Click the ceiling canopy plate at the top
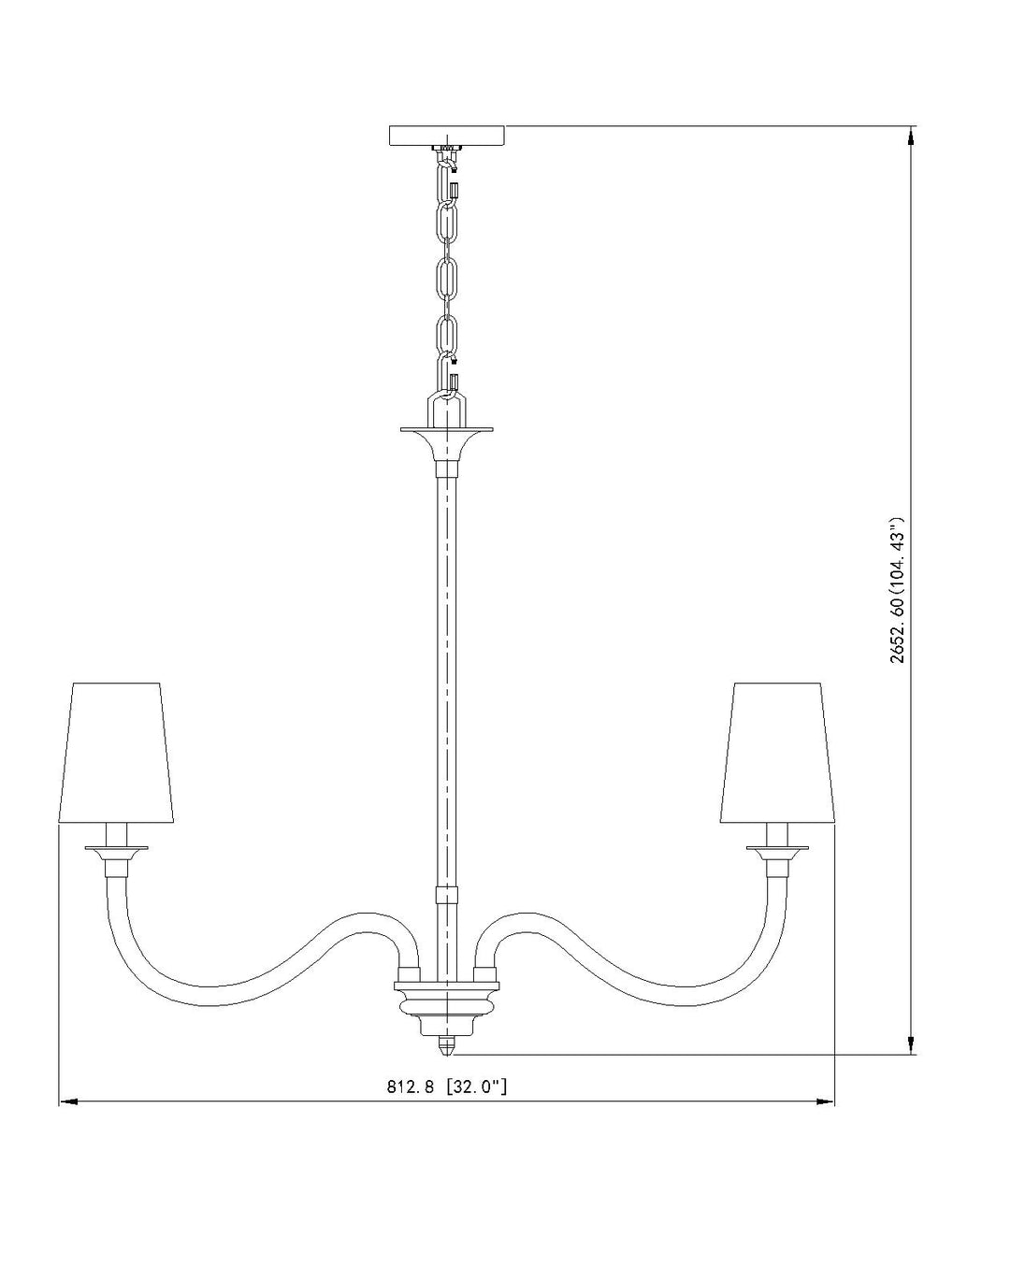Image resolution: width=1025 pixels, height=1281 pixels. (446, 136)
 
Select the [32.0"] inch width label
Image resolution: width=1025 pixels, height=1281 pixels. (476, 1087)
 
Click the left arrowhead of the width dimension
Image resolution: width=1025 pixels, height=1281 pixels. (68, 1101)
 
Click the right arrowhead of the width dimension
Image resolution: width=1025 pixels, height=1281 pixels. (825, 1101)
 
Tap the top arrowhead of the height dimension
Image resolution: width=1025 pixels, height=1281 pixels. (911, 136)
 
